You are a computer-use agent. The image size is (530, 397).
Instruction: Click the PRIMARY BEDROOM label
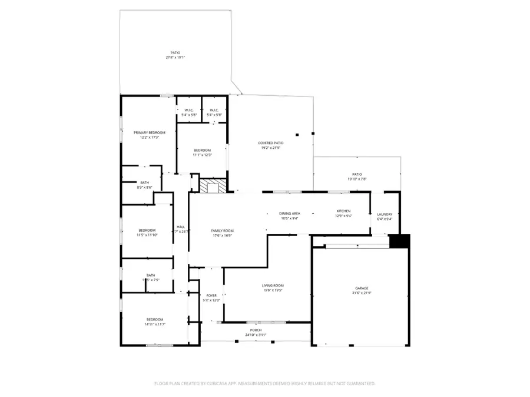click(149, 133)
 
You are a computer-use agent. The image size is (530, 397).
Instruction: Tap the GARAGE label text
click(357, 288)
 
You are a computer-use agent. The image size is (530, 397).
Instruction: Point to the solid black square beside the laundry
click(399, 241)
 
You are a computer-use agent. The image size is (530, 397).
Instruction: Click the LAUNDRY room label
click(384, 214)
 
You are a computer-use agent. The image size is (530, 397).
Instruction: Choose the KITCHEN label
click(343, 211)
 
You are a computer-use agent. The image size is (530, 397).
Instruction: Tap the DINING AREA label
click(290, 213)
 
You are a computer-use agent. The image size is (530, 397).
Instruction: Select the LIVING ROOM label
click(273, 286)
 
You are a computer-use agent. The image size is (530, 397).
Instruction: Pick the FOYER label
click(211, 295)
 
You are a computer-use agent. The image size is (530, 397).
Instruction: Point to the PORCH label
click(256, 330)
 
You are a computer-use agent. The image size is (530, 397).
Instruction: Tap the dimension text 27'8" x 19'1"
click(175, 58)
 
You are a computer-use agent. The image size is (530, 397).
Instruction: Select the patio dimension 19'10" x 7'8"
click(357, 179)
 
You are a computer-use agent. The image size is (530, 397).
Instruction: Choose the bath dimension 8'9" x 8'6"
click(145, 188)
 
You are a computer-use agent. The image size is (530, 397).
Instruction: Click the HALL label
click(180, 227)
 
